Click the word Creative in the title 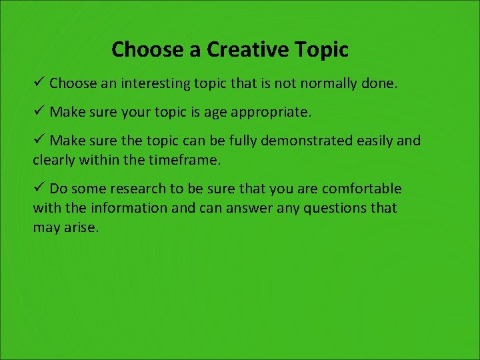[247, 49]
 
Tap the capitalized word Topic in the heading [322, 49]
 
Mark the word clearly [55, 160]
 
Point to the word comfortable [362, 189]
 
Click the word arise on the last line [81, 227]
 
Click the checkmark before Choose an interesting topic [39, 83]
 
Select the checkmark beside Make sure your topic [39, 111]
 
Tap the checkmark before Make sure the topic [39, 140]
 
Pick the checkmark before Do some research [39, 188]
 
